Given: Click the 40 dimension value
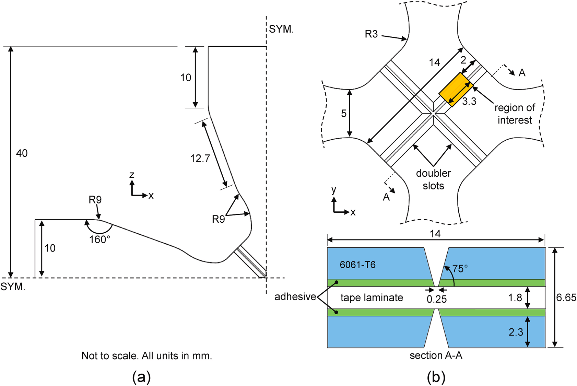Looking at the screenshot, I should [x=22, y=153].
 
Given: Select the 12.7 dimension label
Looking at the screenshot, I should [x=200, y=158].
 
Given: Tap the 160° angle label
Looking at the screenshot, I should [x=100, y=239].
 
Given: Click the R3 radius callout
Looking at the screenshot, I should [x=371, y=34].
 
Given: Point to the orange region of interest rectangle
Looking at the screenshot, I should [x=456, y=90].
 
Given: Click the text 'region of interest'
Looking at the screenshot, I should [x=515, y=114].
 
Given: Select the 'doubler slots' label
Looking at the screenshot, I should [x=433, y=179].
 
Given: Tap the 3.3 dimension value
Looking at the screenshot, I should [x=469, y=102].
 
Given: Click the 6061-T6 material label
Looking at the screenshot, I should [x=357, y=265].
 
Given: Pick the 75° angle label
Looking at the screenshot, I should [x=460, y=269].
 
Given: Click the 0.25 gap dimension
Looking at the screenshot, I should [x=437, y=299].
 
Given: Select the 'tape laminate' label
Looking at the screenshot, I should [x=372, y=297].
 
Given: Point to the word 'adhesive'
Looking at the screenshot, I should [x=295, y=296].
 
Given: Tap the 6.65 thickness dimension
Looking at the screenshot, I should [x=566, y=297].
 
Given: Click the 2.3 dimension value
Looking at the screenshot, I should [x=516, y=332].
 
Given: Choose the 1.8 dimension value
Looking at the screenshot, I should [x=515, y=297].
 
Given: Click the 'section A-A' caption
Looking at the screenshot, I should [x=436, y=355].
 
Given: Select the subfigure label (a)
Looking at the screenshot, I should [x=141, y=377].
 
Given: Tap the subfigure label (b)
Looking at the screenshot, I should [x=436, y=377].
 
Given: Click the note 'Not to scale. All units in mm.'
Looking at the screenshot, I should [x=147, y=355].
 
